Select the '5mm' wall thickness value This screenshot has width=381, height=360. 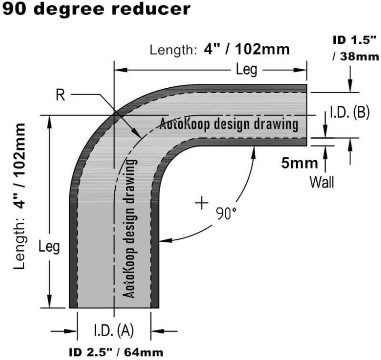point(299,163)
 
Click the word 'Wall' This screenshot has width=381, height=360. point(321,182)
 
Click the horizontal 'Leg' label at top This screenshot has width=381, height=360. point(247,70)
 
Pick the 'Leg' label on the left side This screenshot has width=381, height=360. point(49,247)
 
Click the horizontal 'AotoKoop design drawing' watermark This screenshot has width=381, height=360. point(229,124)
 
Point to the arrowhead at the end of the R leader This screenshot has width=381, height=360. point(139,137)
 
